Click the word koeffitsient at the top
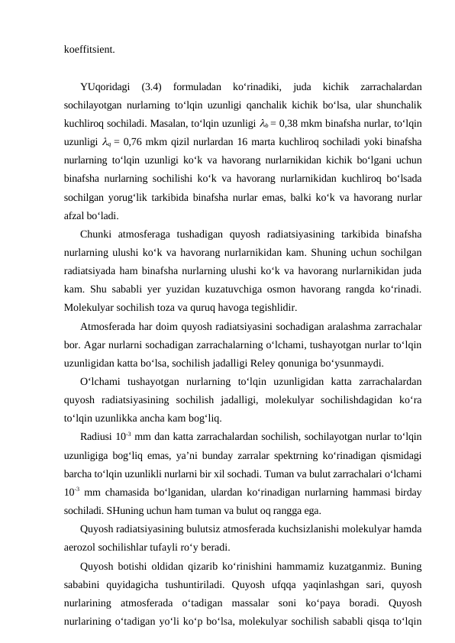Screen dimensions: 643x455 click(x=90, y=50)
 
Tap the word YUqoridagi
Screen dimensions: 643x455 click(x=105, y=87)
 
